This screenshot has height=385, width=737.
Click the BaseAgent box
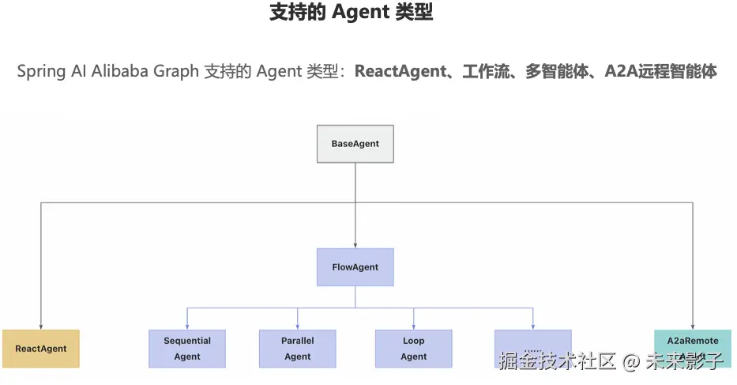click(x=355, y=144)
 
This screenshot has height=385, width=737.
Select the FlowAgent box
click(x=355, y=267)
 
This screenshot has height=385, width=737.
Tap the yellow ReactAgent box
click(x=41, y=349)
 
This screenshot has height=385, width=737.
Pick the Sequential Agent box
click(x=187, y=349)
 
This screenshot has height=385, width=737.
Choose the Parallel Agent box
click(x=297, y=349)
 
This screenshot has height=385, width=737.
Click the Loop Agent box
click(x=413, y=349)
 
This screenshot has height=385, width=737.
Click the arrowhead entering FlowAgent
click(x=355, y=245)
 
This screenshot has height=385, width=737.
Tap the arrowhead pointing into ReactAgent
click(x=41, y=326)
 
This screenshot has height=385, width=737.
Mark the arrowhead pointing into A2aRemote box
click(x=693, y=326)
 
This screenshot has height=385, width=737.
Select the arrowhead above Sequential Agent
click(x=187, y=326)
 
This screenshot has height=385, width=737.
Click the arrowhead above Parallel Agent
click(x=297, y=326)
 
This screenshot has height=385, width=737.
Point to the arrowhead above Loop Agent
click(x=413, y=326)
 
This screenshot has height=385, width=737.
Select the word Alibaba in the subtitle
click(x=117, y=71)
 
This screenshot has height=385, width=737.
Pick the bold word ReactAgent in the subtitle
click(x=400, y=71)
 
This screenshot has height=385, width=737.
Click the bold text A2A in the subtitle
click(x=622, y=71)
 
